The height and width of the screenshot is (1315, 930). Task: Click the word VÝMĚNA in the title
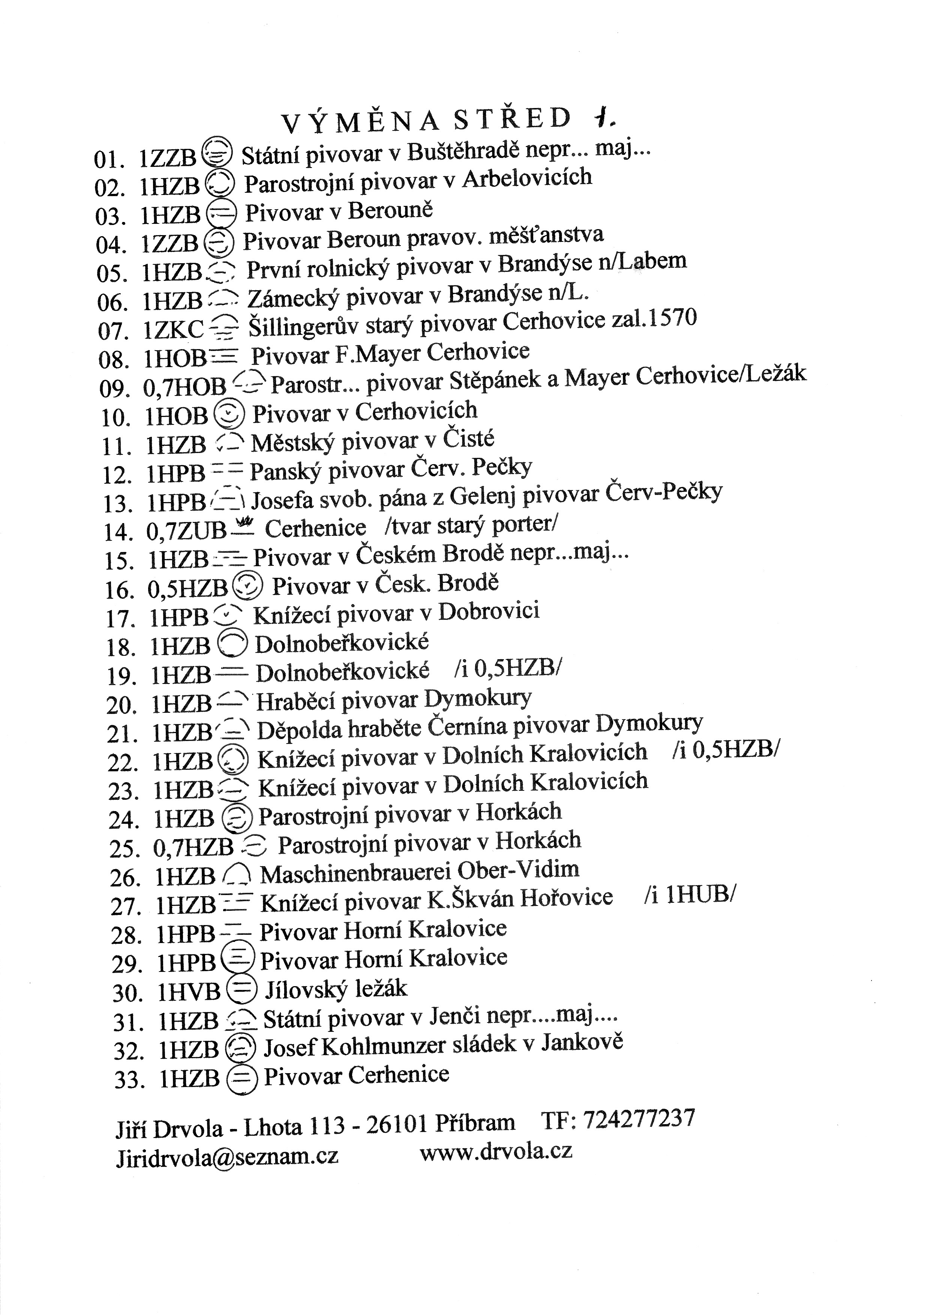(x=361, y=122)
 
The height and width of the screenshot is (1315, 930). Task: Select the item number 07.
(x=112, y=331)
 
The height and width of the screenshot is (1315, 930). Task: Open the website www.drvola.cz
(x=496, y=1151)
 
